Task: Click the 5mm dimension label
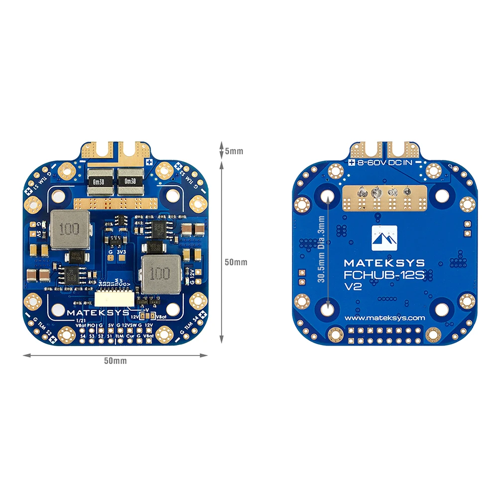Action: point(234,150)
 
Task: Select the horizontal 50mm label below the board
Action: point(115,360)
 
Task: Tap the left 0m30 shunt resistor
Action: point(101,181)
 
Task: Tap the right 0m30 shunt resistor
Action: point(130,181)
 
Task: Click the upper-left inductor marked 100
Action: point(68,230)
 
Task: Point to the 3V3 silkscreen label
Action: point(121,252)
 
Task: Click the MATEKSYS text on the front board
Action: point(93,313)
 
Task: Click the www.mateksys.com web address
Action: point(384,318)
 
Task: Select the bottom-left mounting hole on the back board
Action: point(329,309)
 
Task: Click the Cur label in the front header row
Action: point(130,337)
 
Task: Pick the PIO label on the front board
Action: point(91,325)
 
